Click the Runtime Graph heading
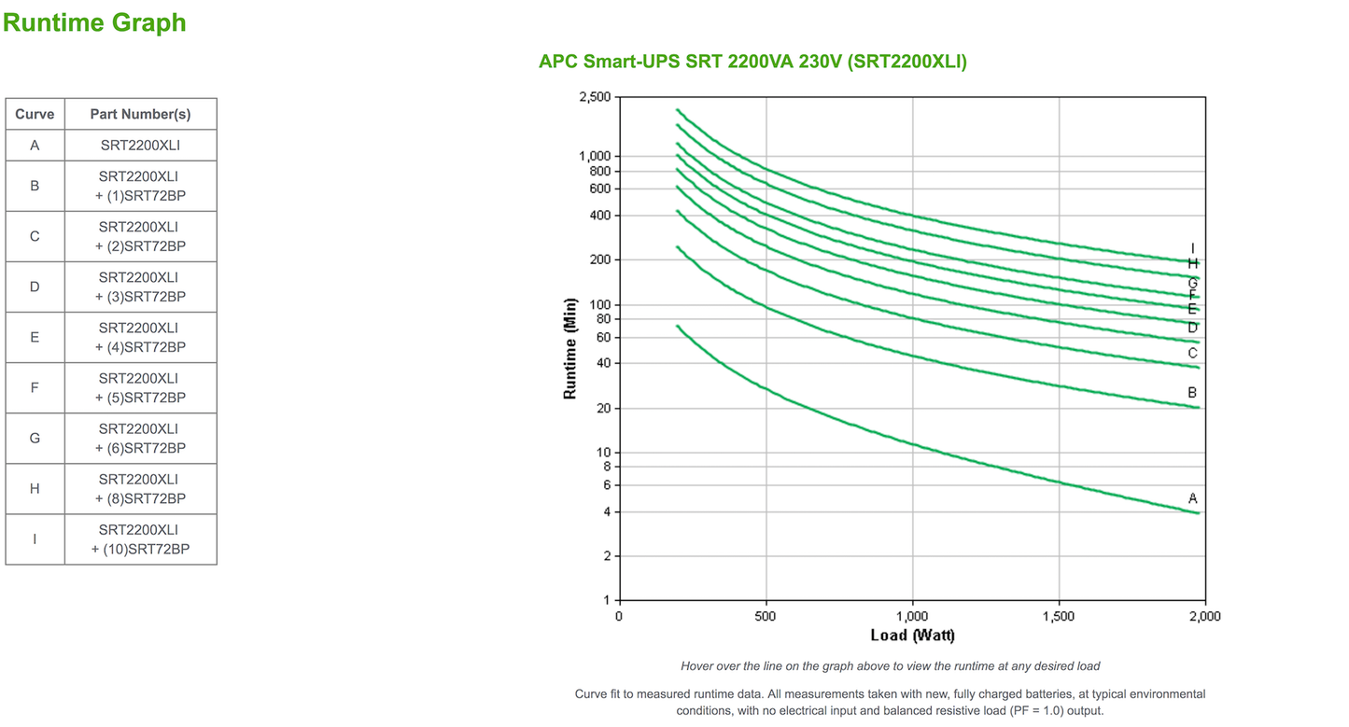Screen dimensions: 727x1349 click(94, 22)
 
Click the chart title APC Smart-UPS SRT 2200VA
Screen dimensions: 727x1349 click(752, 62)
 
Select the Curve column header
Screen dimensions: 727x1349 click(35, 114)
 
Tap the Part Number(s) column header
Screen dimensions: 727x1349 click(140, 114)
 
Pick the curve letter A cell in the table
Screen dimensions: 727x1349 click(35, 146)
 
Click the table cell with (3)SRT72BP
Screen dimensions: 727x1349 click(140, 287)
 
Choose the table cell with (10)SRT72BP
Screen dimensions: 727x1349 click(140, 539)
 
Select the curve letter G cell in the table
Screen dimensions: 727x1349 click(35, 438)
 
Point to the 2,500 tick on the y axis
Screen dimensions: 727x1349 click(595, 97)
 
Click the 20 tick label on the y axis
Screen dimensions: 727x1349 click(602, 408)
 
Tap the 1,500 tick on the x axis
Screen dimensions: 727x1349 click(1059, 616)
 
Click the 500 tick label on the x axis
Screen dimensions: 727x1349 click(766, 616)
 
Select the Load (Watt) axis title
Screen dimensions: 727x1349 click(912, 636)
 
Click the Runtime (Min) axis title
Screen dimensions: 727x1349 click(570, 348)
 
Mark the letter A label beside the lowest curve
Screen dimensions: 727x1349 click(1192, 498)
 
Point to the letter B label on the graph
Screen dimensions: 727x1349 click(1192, 393)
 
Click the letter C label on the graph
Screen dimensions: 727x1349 click(1192, 353)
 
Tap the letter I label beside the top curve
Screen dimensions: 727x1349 click(1192, 248)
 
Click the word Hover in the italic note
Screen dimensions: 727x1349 click(698, 666)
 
